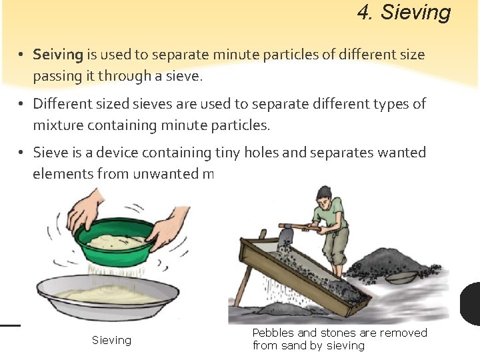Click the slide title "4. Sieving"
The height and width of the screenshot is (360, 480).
(x=404, y=12)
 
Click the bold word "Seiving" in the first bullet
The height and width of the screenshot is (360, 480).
(x=58, y=55)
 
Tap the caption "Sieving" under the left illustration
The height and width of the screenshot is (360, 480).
(x=111, y=341)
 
